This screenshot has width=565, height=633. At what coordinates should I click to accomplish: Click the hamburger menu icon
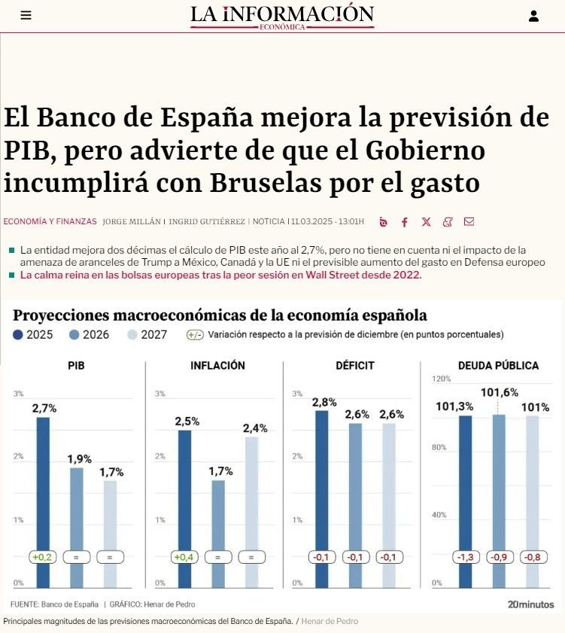coord(26,15)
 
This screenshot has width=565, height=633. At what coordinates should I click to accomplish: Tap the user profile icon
coord(533,16)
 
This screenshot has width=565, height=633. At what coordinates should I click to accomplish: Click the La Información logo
coord(282,16)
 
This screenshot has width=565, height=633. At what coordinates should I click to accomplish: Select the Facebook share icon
coord(405,222)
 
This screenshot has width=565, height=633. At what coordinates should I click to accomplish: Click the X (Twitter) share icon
coord(427,222)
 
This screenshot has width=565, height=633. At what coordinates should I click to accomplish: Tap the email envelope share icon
coord(469,222)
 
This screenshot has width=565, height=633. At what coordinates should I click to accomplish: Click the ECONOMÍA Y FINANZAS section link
coord(50,222)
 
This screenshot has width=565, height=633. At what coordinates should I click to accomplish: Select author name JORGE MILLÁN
coord(132,222)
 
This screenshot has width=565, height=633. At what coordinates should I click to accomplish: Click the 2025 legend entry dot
coord(18,334)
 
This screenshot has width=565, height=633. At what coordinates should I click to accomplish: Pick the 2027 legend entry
coord(147,334)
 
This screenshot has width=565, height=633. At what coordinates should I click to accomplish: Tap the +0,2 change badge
coord(42,558)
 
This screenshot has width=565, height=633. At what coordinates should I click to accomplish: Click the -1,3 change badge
coord(465,558)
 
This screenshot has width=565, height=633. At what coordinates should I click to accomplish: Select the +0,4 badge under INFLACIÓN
coord(184,558)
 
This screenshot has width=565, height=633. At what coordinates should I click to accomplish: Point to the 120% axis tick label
coord(441,379)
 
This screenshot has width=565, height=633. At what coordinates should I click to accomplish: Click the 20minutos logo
coord(530,604)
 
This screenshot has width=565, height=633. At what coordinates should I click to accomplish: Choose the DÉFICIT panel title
coord(355,366)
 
